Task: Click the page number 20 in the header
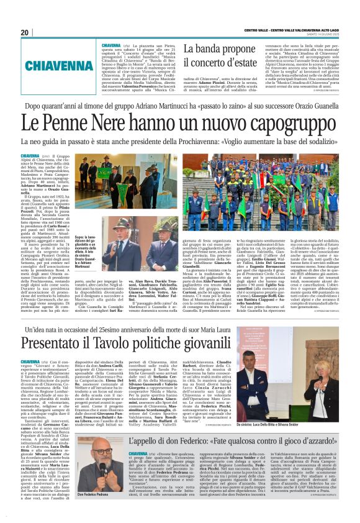point(24,32)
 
